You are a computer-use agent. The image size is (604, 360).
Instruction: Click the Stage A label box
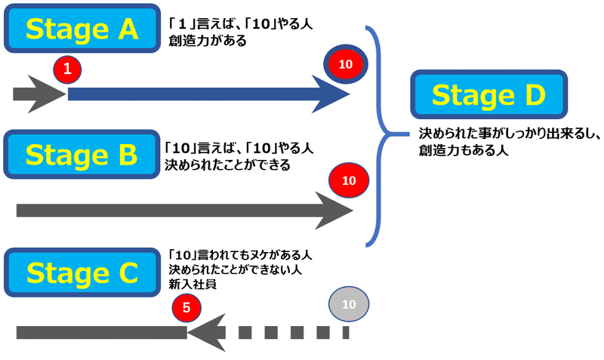(82, 29)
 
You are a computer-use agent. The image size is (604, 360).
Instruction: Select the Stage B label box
(82, 155)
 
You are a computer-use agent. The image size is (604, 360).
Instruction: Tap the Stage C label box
(82, 272)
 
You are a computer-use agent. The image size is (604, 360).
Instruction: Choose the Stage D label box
(488, 94)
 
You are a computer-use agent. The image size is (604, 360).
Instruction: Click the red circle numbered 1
(67, 69)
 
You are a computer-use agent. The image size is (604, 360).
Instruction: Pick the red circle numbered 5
(186, 308)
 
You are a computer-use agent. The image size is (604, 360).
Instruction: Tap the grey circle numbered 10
(349, 304)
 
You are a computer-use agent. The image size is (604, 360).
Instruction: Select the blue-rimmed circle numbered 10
(346, 64)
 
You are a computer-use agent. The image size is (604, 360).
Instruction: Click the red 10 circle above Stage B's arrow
(349, 180)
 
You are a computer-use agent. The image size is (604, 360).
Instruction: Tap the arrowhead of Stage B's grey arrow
(334, 211)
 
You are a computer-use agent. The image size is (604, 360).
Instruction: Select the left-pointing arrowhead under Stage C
(206, 333)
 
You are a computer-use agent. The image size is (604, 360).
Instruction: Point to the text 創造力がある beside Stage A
(207, 41)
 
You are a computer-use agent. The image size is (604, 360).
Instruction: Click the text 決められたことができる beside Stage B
(227, 165)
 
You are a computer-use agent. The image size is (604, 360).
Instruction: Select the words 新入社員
(193, 285)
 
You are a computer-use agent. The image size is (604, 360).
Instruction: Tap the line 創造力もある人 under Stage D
(464, 150)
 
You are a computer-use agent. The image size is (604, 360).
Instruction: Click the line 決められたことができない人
(235, 269)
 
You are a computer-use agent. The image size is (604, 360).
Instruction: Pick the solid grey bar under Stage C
(102, 333)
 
